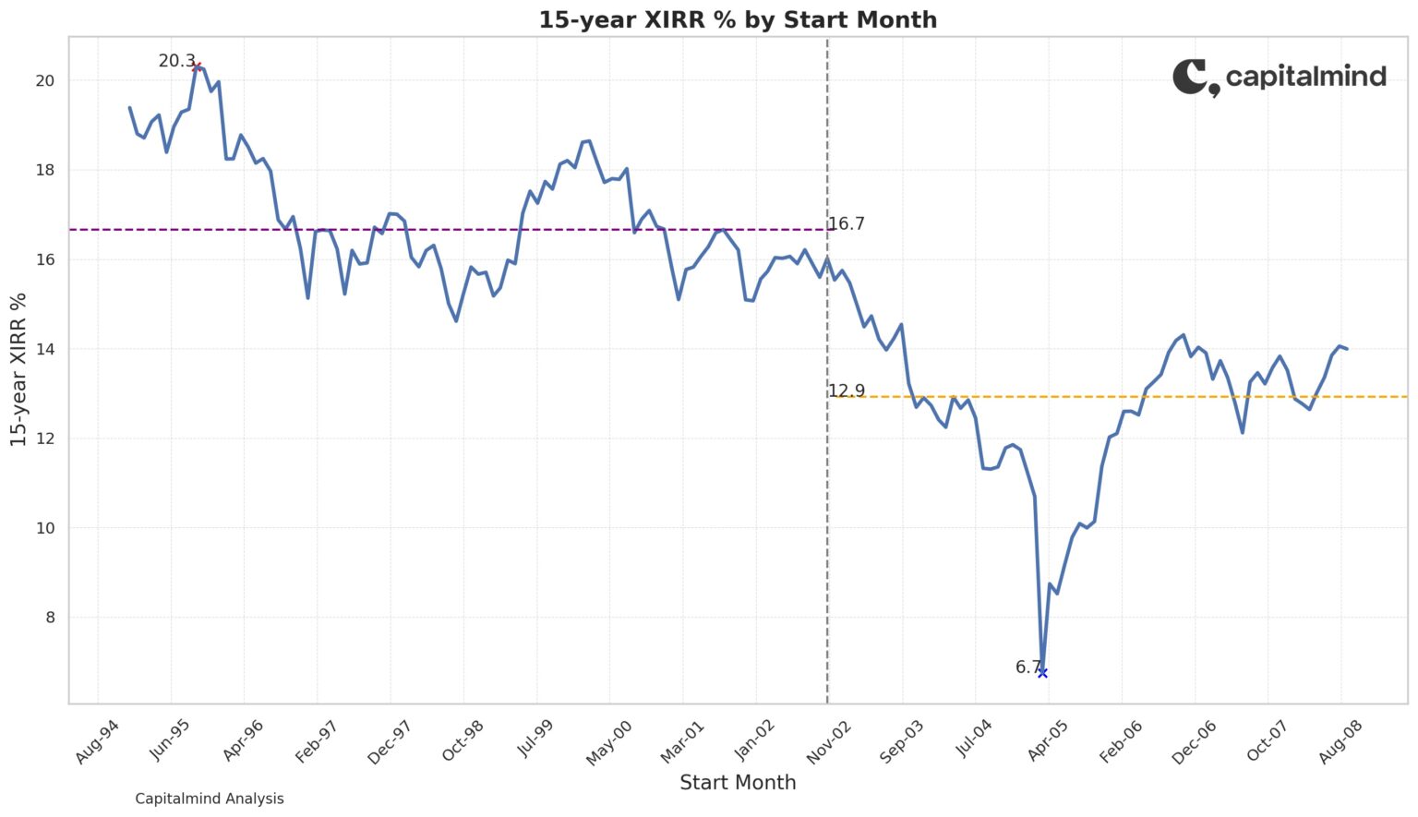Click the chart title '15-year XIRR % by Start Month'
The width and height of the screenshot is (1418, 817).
738,19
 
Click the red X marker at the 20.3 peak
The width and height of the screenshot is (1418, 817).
197,66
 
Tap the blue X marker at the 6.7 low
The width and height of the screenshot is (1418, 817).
1042,673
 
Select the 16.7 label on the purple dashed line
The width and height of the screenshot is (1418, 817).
846,223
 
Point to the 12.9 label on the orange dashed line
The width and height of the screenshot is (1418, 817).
846,390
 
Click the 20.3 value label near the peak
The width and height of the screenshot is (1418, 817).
175,61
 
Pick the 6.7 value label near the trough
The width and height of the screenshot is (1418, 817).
1027,667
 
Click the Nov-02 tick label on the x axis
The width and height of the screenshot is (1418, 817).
828,743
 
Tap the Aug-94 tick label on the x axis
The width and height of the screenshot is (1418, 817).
97,743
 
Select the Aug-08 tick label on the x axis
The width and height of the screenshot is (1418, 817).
1340,743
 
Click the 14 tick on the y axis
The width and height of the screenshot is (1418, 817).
44,349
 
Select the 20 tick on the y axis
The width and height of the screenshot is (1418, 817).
44,80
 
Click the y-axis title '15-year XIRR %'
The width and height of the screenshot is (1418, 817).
18,369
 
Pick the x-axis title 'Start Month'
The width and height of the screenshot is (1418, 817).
738,783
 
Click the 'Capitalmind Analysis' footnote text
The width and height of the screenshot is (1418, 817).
210,799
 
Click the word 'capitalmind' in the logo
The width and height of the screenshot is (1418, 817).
1305,76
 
